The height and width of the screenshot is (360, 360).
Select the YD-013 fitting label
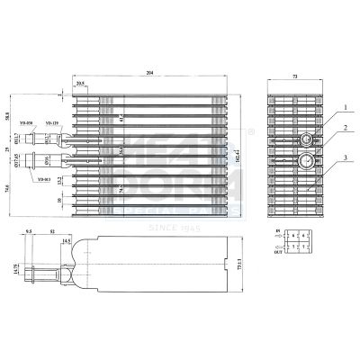click(x=43, y=179)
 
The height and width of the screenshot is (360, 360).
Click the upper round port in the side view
click(x=307, y=139)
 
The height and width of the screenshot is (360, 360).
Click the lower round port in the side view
click(x=307, y=162)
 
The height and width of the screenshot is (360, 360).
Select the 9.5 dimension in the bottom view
click(x=30, y=231)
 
